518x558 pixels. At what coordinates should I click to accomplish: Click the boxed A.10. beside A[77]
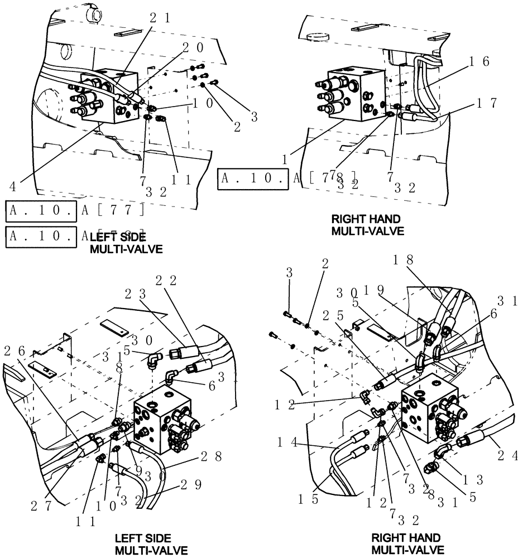click(x=40, y=210)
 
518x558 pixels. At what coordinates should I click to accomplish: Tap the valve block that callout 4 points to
click(x=109, y=98)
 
